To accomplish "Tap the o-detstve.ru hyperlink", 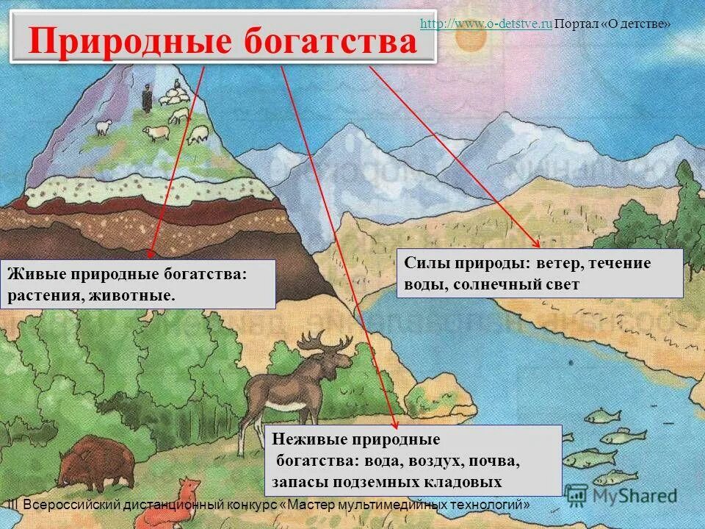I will tap(485, 24).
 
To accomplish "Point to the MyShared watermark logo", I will tap(621, 495).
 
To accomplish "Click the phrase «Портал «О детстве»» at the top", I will tap(612, 24).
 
